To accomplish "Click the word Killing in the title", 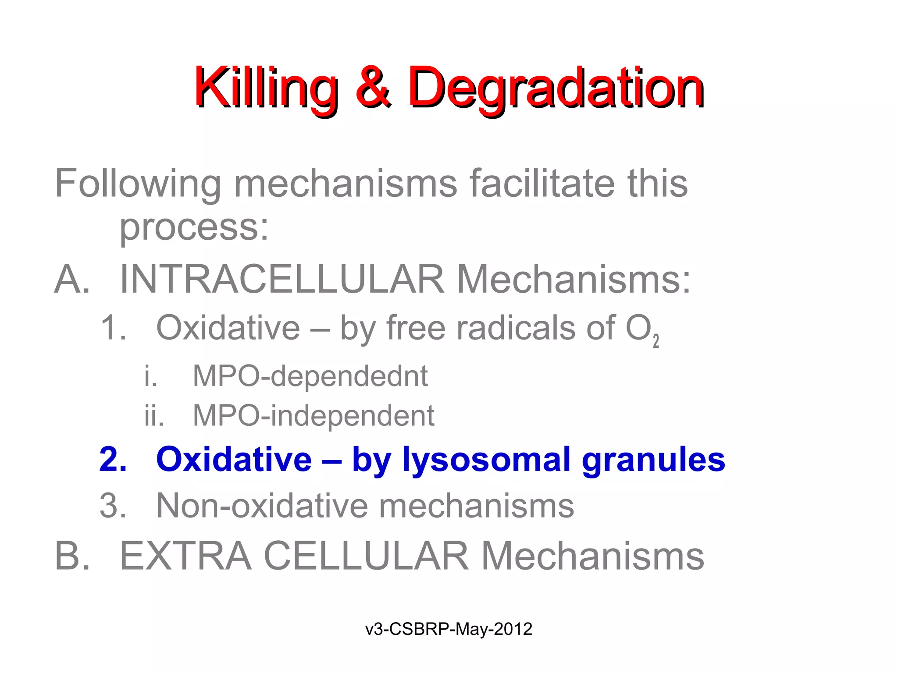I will point(266,88).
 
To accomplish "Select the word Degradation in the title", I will point(556,88).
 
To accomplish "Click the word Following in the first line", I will point(138,184).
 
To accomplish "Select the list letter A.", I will point(71,280).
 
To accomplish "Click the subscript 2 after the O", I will point(656,341).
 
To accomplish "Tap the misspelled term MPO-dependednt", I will point(310,376).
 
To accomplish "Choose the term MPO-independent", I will point(314,415).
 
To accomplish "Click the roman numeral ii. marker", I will point(153,415).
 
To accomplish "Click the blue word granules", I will point(653,460).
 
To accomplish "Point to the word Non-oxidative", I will point(262,506).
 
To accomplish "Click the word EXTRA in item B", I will point(185,556).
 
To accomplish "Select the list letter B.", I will point(71,556).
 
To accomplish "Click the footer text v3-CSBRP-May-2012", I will point(449,629).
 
